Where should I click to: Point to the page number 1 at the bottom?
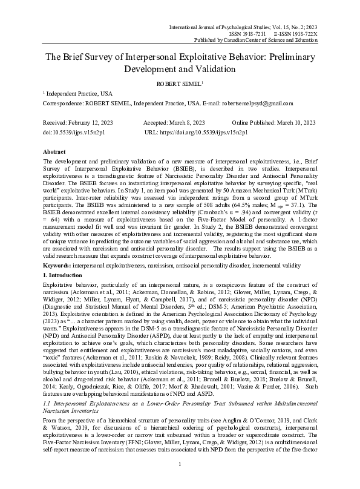[180, 481]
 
